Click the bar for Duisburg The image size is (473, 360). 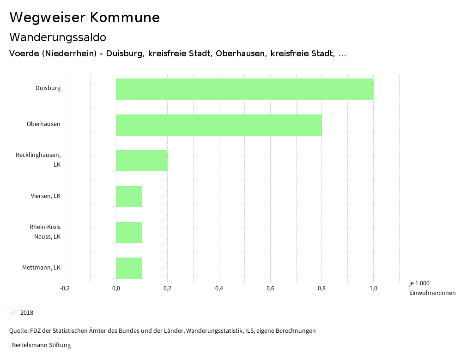point(244,89)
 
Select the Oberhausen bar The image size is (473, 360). point(218,125)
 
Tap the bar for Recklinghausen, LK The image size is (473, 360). point(141,161)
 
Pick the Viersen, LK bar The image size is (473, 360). point(129,197)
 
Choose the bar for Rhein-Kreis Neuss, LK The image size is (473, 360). point(129,233)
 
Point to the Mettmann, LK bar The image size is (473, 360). point(129,268)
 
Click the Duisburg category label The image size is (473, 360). point(48,88)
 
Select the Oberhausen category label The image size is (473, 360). point(43,124)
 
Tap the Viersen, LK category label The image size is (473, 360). point(46,196)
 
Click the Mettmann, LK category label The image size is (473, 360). point(41,268)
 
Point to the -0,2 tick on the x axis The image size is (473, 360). point(65,289)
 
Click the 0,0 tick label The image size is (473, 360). point(116,289)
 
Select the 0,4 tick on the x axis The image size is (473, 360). point(219,289)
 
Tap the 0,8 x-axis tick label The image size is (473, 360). point(322,289)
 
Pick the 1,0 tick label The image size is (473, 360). point(373,289)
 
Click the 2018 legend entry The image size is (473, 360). point(26,313)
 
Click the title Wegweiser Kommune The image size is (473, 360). point(85,18)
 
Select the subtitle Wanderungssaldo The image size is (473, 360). point(58,37)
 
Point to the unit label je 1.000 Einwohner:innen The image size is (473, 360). point(432,288)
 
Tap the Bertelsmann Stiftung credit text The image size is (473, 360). point(41,345)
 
